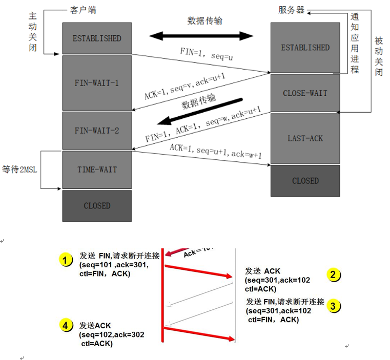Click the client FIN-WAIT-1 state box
coord(96,83)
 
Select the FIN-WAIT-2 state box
coord(96,131)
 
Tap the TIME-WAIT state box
coord(96,170)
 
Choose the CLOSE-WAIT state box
coord(305,93)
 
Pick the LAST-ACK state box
coord(305,139)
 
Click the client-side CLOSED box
coord(96,205)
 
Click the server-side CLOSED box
coord(305,181)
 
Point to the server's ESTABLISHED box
coord(305,48)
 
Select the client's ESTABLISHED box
coord(96,38)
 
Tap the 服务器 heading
coord(292,10)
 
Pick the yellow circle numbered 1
coord(65,260)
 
